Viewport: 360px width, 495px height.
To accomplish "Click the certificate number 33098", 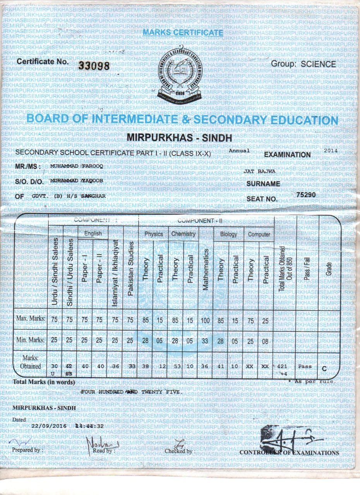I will tap(94, 66).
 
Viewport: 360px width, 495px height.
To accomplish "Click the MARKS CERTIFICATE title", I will tap(183, 33).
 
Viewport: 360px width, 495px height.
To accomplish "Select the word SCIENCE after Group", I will tap(318, 64).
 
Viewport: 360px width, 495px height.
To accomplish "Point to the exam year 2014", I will tap(331, 150).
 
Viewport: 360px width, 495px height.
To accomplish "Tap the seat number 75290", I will tap(306, 195).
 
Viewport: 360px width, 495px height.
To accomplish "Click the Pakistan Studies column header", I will tap(131, 269).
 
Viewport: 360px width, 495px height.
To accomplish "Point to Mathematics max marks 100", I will tap(206, 319).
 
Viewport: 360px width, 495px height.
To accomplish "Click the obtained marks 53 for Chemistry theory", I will tap(175, 366).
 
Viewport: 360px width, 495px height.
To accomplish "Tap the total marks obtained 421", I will tap(283, 366).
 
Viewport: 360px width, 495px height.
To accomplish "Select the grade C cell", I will tap(324, 368).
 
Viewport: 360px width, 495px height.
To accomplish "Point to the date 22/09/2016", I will tap(50, 426).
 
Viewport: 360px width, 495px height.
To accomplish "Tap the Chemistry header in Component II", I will tap(183, 234).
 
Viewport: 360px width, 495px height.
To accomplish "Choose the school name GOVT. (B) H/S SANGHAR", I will tap(69, 196).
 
